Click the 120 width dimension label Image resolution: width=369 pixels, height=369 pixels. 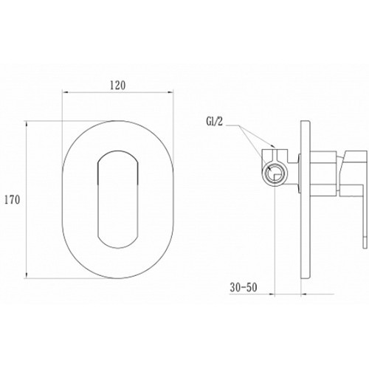tap(117, 85)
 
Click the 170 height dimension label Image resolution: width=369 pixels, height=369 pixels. tap(13, 199)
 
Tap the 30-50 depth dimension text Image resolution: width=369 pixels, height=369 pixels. tap(244, 287)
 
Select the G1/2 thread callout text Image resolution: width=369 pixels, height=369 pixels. tap(213, 122)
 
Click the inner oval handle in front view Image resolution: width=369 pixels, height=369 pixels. tap(118, 199)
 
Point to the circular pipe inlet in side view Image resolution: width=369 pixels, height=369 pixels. tap(275, 173)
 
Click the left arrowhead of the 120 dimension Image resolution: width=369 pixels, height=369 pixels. tap(65, 92)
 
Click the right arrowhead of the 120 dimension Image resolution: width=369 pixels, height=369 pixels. tap(170, 92)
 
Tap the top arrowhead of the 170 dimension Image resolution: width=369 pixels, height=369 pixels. tap(27, 124)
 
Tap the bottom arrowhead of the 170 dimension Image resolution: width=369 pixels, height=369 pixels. tap(27, 275)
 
